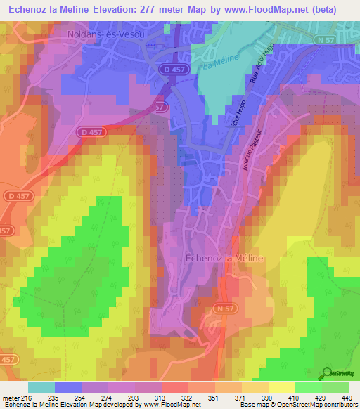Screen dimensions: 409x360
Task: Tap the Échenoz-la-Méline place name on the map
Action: point(224,259)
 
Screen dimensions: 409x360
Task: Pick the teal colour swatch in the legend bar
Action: point(41,387)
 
